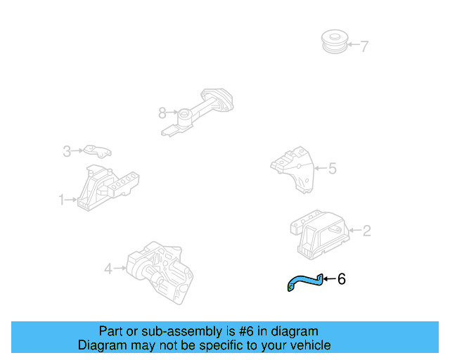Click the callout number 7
(x=364, y=47)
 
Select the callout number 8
(x=162, y=112)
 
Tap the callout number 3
(x=67, y=150)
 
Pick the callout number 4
(x=108, y=268)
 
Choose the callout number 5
(x=333, y=168)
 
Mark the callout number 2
(x=366, y=229)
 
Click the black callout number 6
(x=342, y=279)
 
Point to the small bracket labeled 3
(x=96, y=150)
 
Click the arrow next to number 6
(x=329, y=279)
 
